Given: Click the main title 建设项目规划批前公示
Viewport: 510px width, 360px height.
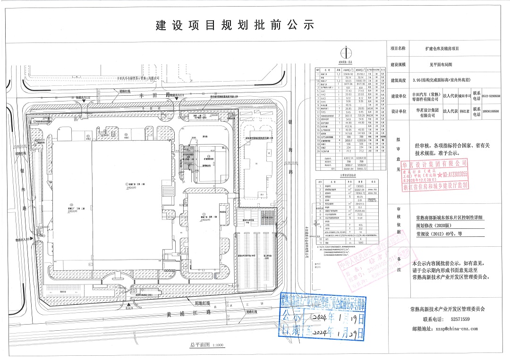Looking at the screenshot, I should click(x=235, y=25).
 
